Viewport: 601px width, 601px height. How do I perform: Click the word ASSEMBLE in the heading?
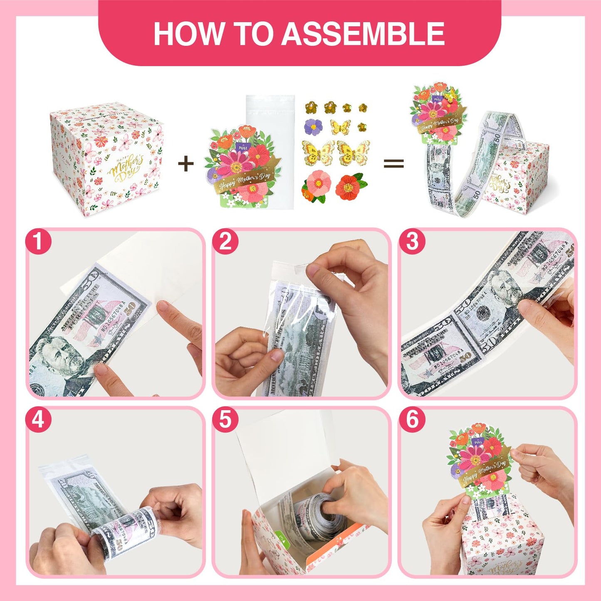pyautogui.click(x=364, y=34)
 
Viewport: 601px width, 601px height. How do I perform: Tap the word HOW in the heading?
pyautogui.click(x=188, y=34)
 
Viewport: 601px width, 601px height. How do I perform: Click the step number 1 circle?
pyautogui.click(x=38, y=241)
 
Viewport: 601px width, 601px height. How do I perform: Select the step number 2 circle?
pyautogui.click(x=225, y=241)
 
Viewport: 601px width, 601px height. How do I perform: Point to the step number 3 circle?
pyautogui.click(x=412, y=241)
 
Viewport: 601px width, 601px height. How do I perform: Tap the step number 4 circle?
pyautogui.click(x=38, y=419)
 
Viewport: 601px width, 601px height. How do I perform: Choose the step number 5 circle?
pyautogui.click(x=225, y=419)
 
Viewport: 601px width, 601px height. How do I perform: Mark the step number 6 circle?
pyautogui.click(x=412, y=419)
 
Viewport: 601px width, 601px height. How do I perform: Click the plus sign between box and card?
pyautogui.click(x=185, y=163)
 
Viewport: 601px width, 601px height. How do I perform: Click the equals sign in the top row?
pyautogui.click(x=393, y=163)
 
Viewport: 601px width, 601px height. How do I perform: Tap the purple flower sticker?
pyautogui.click(x=313, y=127)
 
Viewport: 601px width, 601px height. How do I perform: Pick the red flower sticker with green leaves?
pyautogui.click(x=350, y=187)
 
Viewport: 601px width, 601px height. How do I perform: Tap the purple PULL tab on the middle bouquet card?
pyautogui.click(x=243, y=147)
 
